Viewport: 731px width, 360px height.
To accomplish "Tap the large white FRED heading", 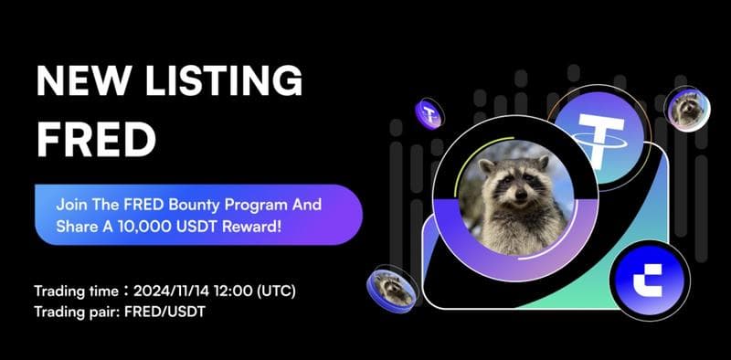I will click(91, 139).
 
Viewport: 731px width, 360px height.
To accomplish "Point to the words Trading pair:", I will click(72, 311).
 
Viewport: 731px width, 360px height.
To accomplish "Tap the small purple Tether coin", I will click(430, 115).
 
